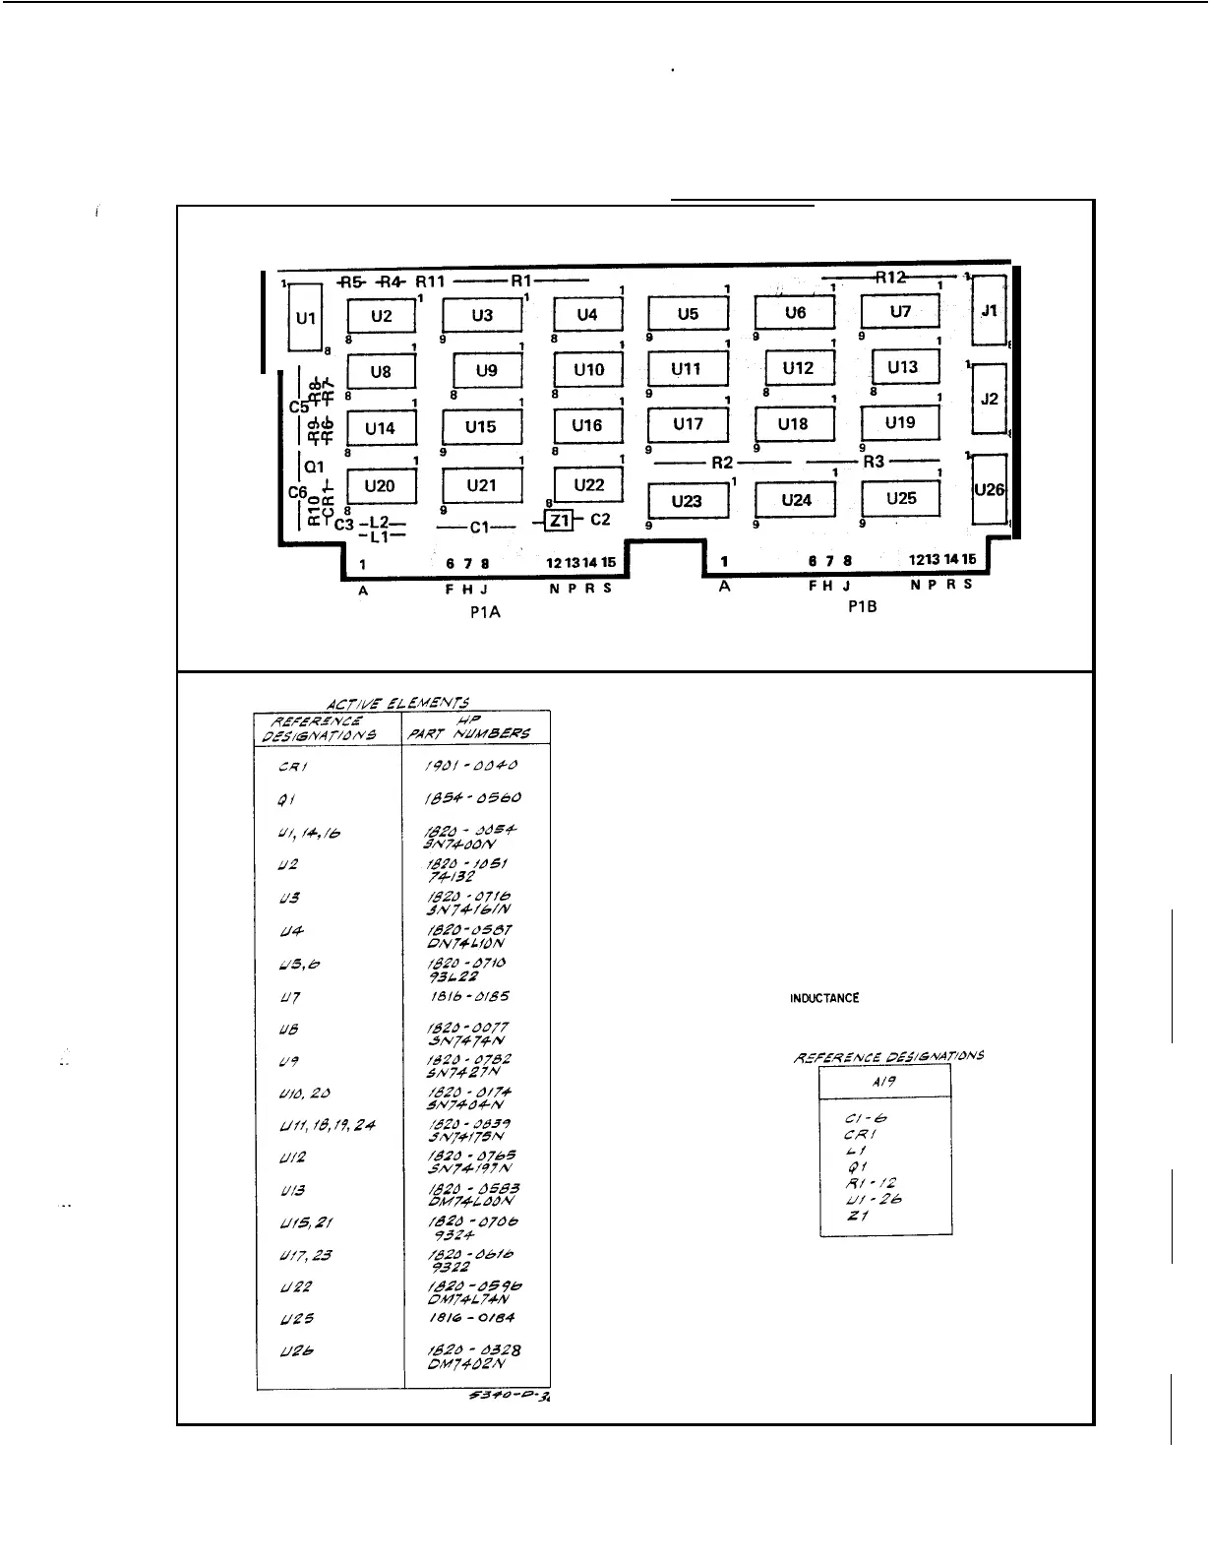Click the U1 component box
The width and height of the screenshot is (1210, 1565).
tap(305, 318)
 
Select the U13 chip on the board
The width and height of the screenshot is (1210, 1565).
tap(903, 367)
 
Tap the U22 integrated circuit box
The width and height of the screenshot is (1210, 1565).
tap(588, 484)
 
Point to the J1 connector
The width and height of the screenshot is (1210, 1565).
tap(989, 311)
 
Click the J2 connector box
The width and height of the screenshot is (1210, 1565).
tap(989, 399)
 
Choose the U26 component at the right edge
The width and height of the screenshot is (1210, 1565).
tap(989, 489)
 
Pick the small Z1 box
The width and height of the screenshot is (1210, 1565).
tap(559, 520)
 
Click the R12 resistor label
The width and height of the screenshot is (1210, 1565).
tap(890, 278)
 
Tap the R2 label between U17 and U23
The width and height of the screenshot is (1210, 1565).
tap(723, 462)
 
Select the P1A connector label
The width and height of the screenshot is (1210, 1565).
tap(485, 611)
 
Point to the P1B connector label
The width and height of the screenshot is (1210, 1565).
tap(862, 607)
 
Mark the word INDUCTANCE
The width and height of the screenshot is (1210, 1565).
tap(824, 998)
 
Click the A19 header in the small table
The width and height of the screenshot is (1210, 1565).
tap(884, 1081)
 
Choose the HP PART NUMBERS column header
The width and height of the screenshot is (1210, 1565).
tap(476, 727)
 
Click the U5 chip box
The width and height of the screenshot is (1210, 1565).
tap(688, 314)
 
